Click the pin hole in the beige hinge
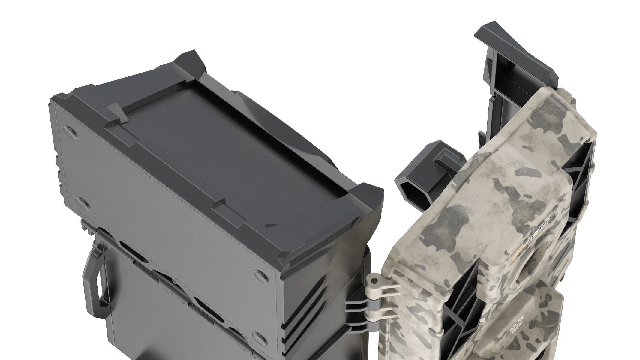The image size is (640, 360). pos(374,282)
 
